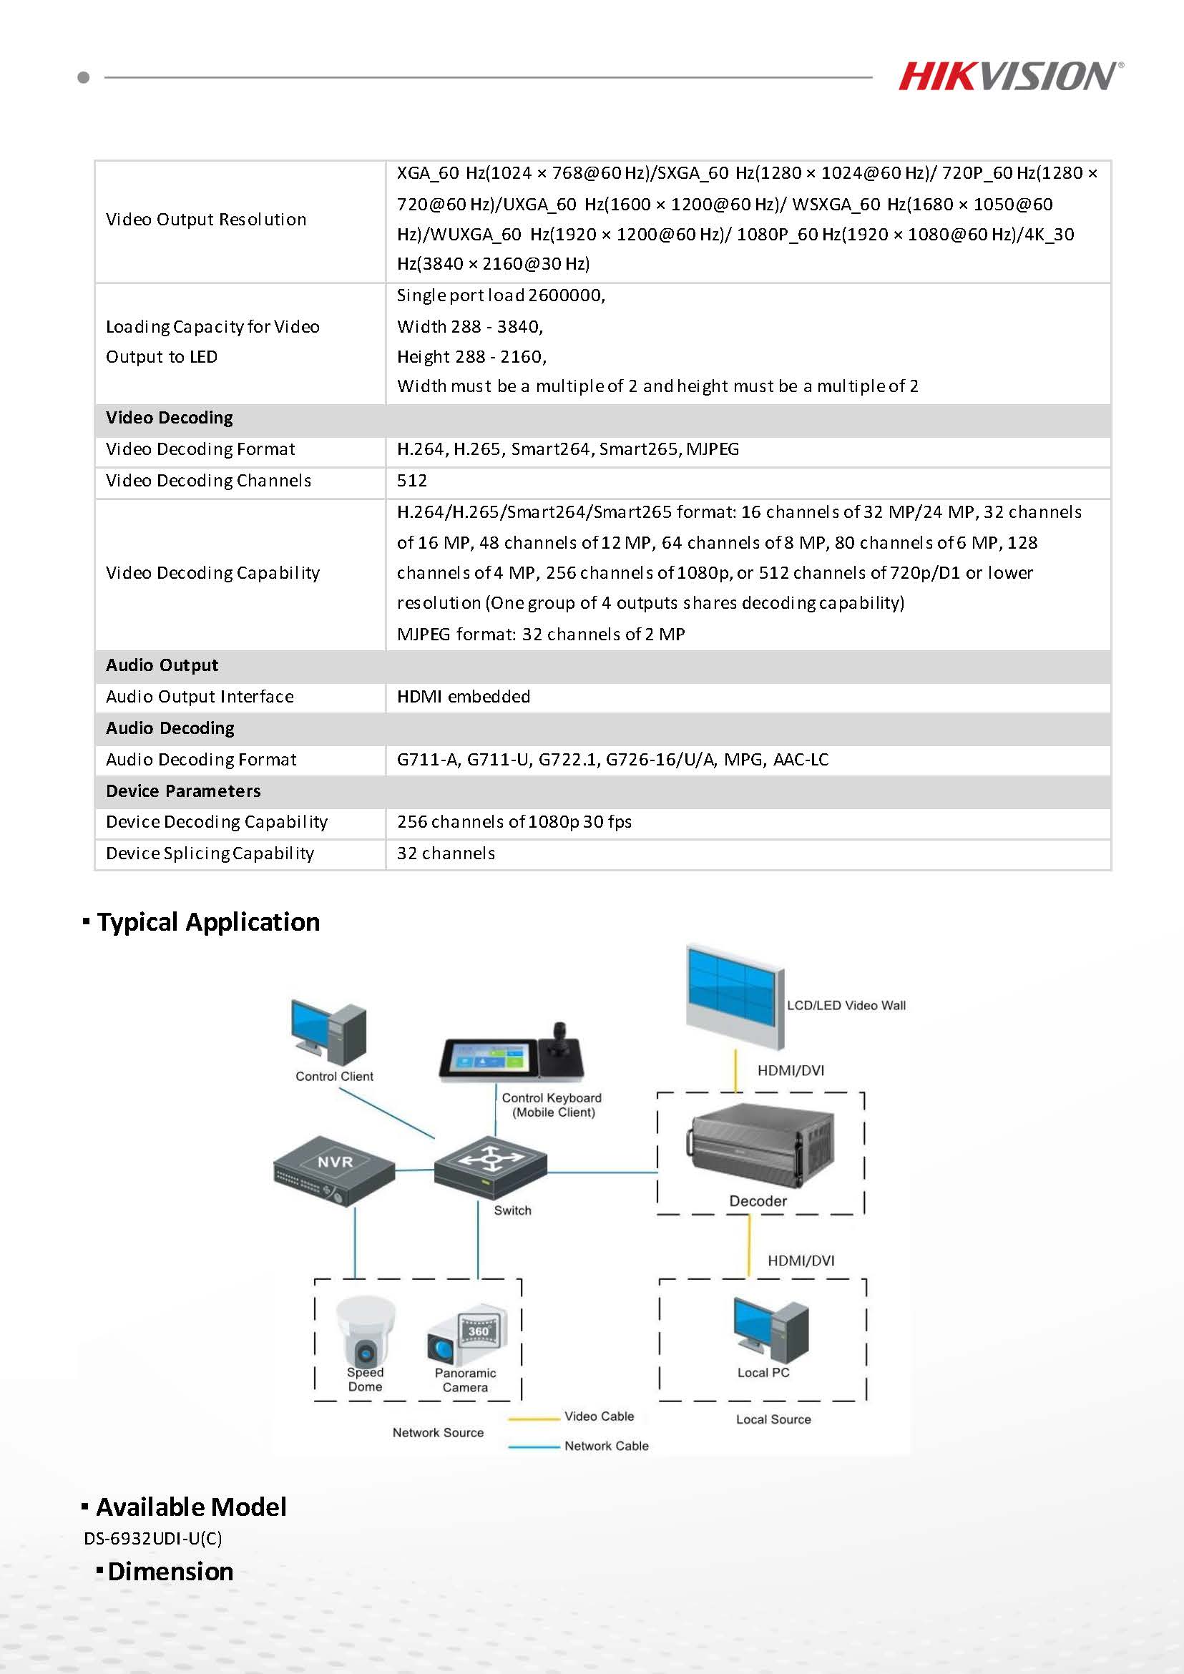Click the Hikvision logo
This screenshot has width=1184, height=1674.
[x=1009, y=76]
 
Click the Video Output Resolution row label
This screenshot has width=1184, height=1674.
[x=205, y=220]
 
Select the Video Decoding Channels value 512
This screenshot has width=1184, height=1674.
[x=412, y=481]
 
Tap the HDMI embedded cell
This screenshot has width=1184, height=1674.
[x=463, y=696]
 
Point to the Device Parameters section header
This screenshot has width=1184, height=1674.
[x=183, y=791]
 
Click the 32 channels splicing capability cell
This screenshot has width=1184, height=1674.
[x=446, y=853]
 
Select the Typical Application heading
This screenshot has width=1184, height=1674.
[x=207, y=922]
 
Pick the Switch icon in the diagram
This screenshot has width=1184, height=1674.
[x=490, y=1165]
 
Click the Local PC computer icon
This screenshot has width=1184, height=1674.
[x=770, y=1330]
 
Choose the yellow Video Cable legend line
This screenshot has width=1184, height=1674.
[x=534, y=1419]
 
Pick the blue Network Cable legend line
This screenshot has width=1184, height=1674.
[x=534, y=1447]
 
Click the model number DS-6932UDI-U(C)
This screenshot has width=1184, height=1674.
[x=153, y=1538]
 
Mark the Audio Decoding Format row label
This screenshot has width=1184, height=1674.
[x=200, y=760]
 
